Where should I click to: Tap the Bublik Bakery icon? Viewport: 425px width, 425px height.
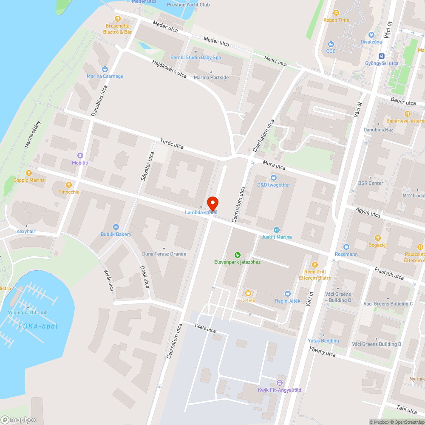tap(116, 227)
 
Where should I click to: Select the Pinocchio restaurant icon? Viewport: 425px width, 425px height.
tap(69, 185)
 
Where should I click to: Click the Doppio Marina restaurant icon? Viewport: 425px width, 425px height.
tap(29, 173)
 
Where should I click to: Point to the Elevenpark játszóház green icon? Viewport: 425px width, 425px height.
tap(237, 255)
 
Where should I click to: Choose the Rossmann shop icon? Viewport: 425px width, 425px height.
tap(346, 247)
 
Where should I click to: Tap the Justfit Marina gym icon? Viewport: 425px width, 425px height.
tap(277, 229)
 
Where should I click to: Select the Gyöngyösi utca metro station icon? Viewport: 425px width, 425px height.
tap(382, 56)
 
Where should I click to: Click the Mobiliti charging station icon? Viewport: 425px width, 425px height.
tap(80, 155)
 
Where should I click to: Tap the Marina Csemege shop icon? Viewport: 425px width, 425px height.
tap(105, 69)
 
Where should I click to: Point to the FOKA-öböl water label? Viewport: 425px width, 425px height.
tap(38, 326)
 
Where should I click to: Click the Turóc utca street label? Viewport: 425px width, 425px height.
tap(172, 144)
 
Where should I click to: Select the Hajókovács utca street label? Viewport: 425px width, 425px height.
tap(169, 68)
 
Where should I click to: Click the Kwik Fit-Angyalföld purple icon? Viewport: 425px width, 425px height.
tap(279, 383)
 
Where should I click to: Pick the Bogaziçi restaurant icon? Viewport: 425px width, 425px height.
tap(378, 238)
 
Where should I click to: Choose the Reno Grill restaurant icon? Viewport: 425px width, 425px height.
tap(314, 265)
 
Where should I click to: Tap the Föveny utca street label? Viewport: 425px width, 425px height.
tap(322, 351)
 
